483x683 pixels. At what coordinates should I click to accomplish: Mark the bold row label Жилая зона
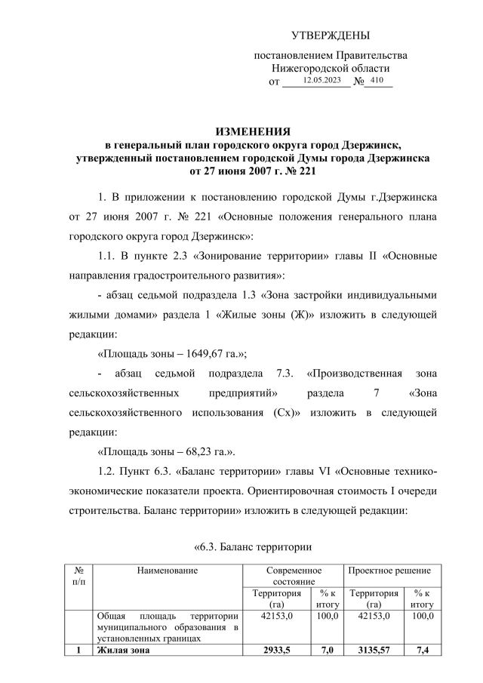(x=124, y=651)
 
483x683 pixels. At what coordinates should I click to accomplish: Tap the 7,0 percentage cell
(x=327, y=651)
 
